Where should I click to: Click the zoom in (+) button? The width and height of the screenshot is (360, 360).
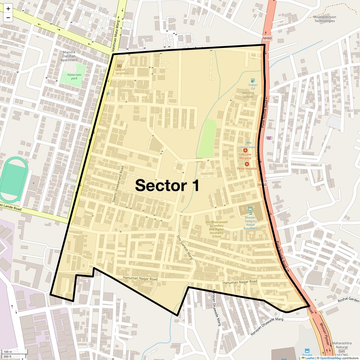tap(8, 9)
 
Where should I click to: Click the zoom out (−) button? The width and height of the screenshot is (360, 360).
tap(8, 17)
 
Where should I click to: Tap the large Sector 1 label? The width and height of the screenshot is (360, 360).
tap(167, 185)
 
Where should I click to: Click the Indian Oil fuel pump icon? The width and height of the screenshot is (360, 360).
tap(253, 80)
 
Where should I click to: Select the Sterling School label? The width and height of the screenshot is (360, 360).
tap(248, 95)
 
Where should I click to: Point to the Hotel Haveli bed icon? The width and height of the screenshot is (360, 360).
tap(248, 143)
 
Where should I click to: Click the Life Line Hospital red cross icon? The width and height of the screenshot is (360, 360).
tap(245, 150)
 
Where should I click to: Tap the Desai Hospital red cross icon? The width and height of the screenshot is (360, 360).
tap(247, 164)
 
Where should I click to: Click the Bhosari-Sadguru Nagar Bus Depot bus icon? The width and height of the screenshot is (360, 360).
tap(250, 208)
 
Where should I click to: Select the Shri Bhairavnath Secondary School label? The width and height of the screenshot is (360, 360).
tap(217, 229)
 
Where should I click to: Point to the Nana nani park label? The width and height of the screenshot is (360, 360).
tap(72, 76)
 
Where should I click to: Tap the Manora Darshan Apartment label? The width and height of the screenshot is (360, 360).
tap(69, 56)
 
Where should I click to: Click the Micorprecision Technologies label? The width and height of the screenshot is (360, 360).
tap(325, 19)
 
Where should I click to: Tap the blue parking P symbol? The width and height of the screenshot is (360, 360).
tap(108, 94)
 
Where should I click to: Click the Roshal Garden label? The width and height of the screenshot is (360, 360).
tap(348, 300)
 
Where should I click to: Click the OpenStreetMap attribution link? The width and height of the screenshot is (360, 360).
tap(330, 358)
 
